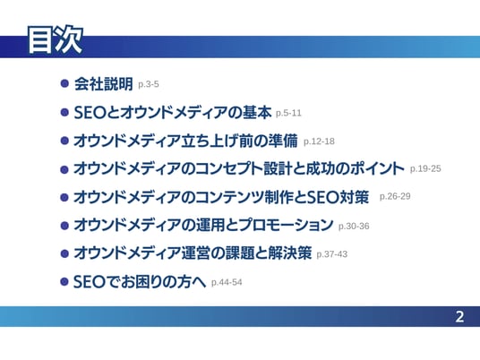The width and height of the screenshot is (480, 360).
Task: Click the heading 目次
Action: coord(56,40)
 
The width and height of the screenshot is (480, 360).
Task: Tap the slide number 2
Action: coord(459,317)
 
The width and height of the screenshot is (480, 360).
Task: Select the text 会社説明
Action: coord(104,83)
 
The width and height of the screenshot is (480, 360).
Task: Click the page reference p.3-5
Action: coord(149,84)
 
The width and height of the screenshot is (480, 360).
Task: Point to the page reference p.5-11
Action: coord(288,113)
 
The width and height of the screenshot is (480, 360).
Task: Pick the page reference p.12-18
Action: coord(319,141)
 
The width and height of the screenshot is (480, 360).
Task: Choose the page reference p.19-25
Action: coord(425,168)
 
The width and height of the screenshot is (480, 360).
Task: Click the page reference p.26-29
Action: coord(395,196)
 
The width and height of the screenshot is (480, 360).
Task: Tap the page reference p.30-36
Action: coord(354,227)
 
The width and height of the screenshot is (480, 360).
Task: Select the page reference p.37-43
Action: coord(332,254)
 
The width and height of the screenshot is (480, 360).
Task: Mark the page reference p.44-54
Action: coord(227,282)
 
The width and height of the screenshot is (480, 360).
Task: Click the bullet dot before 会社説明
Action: coord(64,83)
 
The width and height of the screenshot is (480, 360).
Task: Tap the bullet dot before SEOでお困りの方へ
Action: coord(64,281)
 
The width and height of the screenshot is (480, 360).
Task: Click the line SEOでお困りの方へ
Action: coord(140,281)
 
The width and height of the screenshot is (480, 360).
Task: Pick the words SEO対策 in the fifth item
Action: coord(338,197)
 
